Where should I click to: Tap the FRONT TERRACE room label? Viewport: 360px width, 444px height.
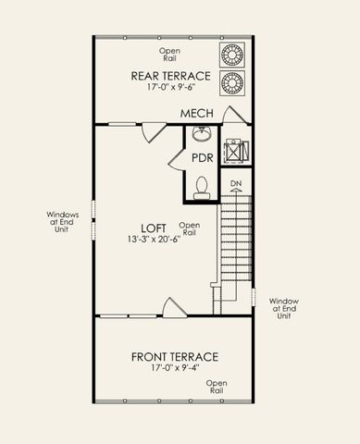click(x=174, y=356)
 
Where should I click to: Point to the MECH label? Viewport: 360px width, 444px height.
click(x=196, y=113)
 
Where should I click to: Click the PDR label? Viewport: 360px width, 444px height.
click(x=203, y=157)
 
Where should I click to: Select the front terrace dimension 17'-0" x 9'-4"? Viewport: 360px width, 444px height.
click(x=174, y=369)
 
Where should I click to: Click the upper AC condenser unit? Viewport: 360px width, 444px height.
click(x=231, y=53)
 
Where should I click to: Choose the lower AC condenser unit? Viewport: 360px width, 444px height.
click(x=231, y=81)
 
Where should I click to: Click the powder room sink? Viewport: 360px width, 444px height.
click(x=202, y=135)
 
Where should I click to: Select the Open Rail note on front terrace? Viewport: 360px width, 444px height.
click(x=217, y=388)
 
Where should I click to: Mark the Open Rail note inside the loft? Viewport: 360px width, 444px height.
click(x=189, y=228)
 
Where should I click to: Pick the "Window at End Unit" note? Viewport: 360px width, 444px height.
click(x=283, y=308)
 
